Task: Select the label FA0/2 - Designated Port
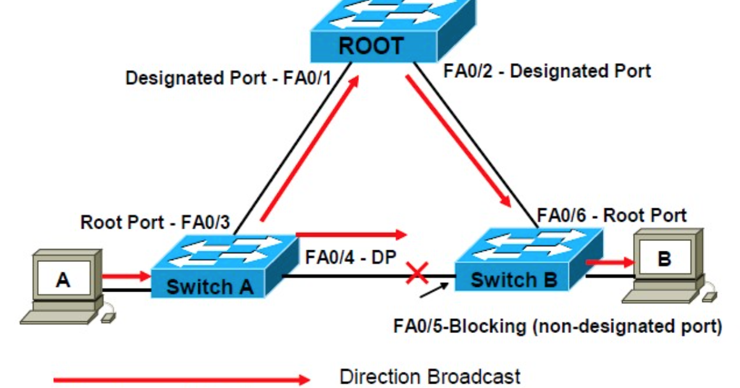(x=547, y=71)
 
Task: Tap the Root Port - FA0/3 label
(x=154, y=222)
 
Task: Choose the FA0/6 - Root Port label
(x=612, y=216)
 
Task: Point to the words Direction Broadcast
(x=431, y=376)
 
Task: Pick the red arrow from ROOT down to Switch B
(x=458, y=141)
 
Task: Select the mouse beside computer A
(x=107, y=315)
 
